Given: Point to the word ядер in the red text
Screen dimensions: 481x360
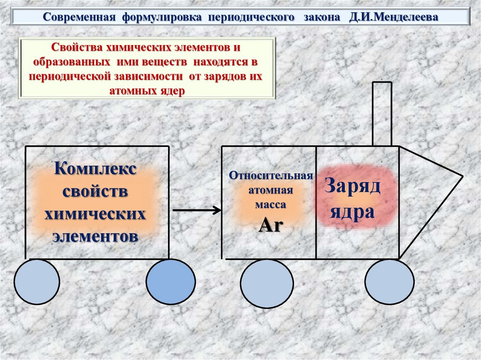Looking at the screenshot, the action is [x=173, y=90].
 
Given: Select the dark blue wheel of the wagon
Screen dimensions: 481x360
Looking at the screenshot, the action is [x=170, y=282].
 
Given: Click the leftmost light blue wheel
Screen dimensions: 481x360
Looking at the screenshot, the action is [x=37, y=282].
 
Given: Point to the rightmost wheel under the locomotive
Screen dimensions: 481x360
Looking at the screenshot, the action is [x=389, y=282].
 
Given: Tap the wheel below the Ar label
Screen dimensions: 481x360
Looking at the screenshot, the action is [x=267, y=283].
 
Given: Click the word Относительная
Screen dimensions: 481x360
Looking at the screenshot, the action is [x=271, y=176].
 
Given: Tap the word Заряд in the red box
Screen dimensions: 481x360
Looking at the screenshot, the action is [x=352, y=188].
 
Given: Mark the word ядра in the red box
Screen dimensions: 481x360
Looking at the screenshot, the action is [x=352, y=212].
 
